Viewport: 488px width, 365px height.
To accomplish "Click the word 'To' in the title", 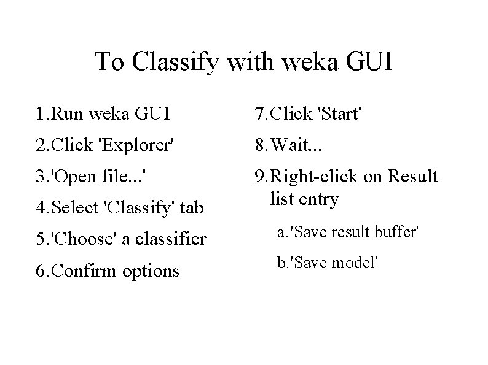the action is [x=109, y=61].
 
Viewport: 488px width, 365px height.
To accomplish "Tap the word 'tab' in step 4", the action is [x=191, y=208].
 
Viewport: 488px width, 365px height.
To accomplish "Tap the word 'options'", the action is [x=151, y=271].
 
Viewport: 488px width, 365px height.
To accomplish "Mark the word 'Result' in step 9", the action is [x=413, y=177].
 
